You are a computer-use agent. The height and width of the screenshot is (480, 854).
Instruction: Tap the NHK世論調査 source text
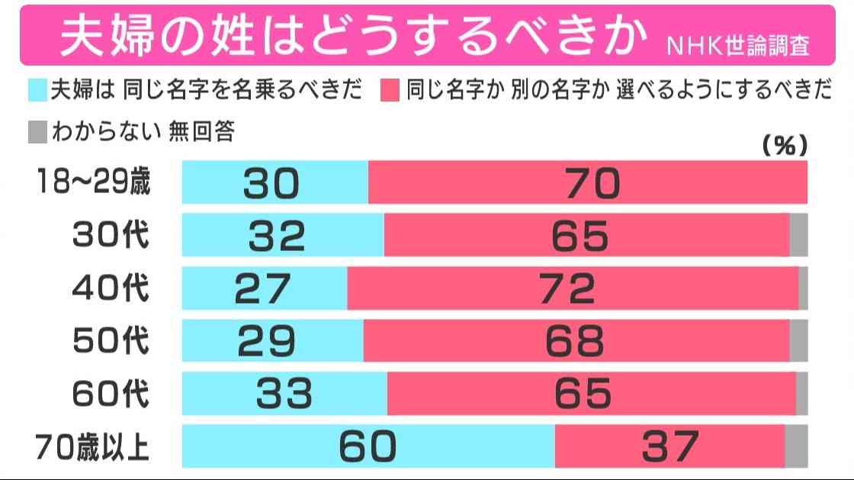(738, 44)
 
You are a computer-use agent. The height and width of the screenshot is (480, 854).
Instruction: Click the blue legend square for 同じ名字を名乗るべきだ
(37, 91)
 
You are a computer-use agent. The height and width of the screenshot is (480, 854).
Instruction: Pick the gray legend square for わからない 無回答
(37, 132)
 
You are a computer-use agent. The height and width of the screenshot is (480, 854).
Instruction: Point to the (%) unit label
(785, 146)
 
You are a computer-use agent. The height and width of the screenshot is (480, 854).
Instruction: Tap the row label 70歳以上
(94, 446)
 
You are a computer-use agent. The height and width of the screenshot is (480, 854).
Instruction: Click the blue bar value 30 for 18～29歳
(272, 183)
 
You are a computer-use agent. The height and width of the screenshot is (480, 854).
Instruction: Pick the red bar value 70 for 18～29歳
(592, 183)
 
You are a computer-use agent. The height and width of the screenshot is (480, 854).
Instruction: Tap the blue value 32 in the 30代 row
(277, 236)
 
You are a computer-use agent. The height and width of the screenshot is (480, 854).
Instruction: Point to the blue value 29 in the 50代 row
(266, 341)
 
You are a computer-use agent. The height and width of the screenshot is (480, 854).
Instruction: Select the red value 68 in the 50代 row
(574, 341)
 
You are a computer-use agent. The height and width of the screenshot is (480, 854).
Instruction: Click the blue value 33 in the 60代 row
(283, 394)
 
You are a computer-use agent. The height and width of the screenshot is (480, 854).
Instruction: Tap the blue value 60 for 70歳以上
(368, 446)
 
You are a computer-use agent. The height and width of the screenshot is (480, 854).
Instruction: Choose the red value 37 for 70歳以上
(669, 446)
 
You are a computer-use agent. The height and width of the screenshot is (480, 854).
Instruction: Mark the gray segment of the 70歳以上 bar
(796, 446)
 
